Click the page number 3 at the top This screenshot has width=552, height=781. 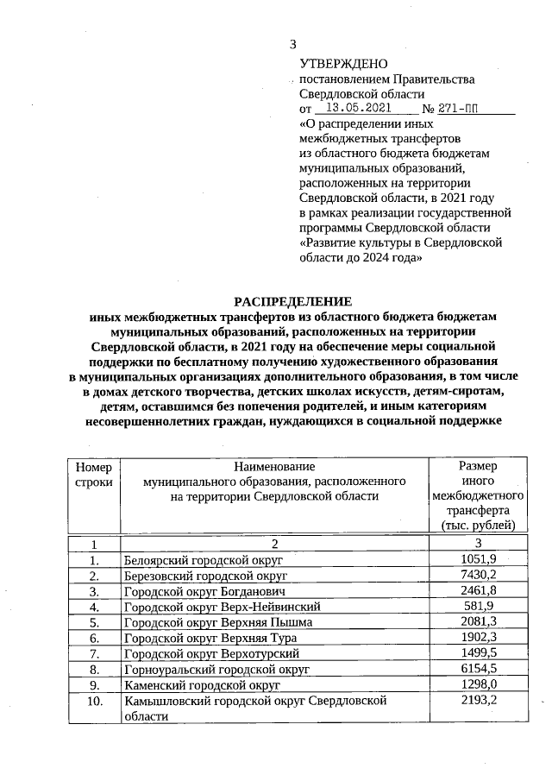pyautogui.click(x=292, y=45)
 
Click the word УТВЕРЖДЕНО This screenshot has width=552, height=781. pyautogui.click(x=343, y=65)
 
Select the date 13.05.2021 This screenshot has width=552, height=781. pyautogui.click(x=354, y=109)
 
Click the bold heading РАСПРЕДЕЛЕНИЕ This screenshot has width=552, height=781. pyautogui.click(x=293, y=301)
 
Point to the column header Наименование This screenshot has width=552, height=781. pyautogui.click(x=274, y=466)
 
